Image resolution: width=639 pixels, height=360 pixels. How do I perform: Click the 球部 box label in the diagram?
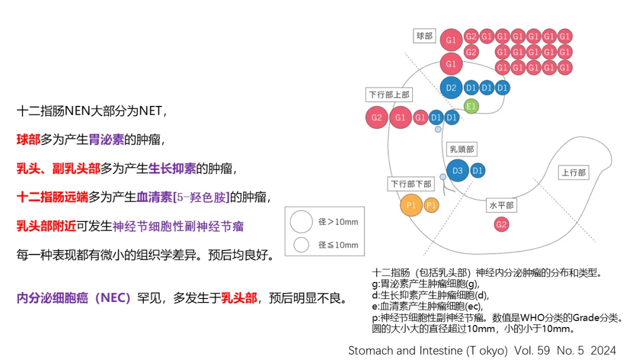pos(424,36)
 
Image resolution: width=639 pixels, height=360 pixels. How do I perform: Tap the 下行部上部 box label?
pos(389,94)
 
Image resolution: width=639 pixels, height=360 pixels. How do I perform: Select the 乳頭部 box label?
pos(462,150)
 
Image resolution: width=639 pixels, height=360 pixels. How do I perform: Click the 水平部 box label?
pos(501,205)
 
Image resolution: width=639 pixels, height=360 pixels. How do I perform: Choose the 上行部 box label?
pos(573,173)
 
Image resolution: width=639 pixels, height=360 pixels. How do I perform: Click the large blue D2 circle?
pos(451,88)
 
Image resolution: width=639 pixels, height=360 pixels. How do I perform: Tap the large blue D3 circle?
pos(457,171)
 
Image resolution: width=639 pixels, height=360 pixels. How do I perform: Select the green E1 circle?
pos(471,107)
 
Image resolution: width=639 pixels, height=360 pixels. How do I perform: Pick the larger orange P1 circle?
pos(411,205)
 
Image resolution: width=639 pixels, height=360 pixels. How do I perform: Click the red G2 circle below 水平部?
pos(502,224)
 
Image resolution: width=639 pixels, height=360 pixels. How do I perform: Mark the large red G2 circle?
pos(377,117)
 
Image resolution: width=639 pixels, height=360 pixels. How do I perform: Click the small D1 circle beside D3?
pos(477,171)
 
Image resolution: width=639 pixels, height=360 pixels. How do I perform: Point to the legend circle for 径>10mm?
pos(301,222)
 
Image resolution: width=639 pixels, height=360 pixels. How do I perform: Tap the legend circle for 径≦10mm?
pos(302,244)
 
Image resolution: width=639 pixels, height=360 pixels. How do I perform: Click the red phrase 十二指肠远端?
pos(52,197)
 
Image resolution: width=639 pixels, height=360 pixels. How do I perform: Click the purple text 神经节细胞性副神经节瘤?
pos(177,226)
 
